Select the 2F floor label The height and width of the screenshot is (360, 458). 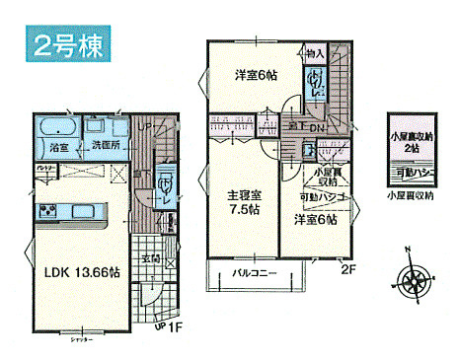(x=346, y=267)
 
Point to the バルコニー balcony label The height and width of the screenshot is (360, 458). (x=255, y=271)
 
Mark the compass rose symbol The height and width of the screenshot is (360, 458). (x=415, y=277)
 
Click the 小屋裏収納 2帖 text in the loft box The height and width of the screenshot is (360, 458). (x=411, y=142)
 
